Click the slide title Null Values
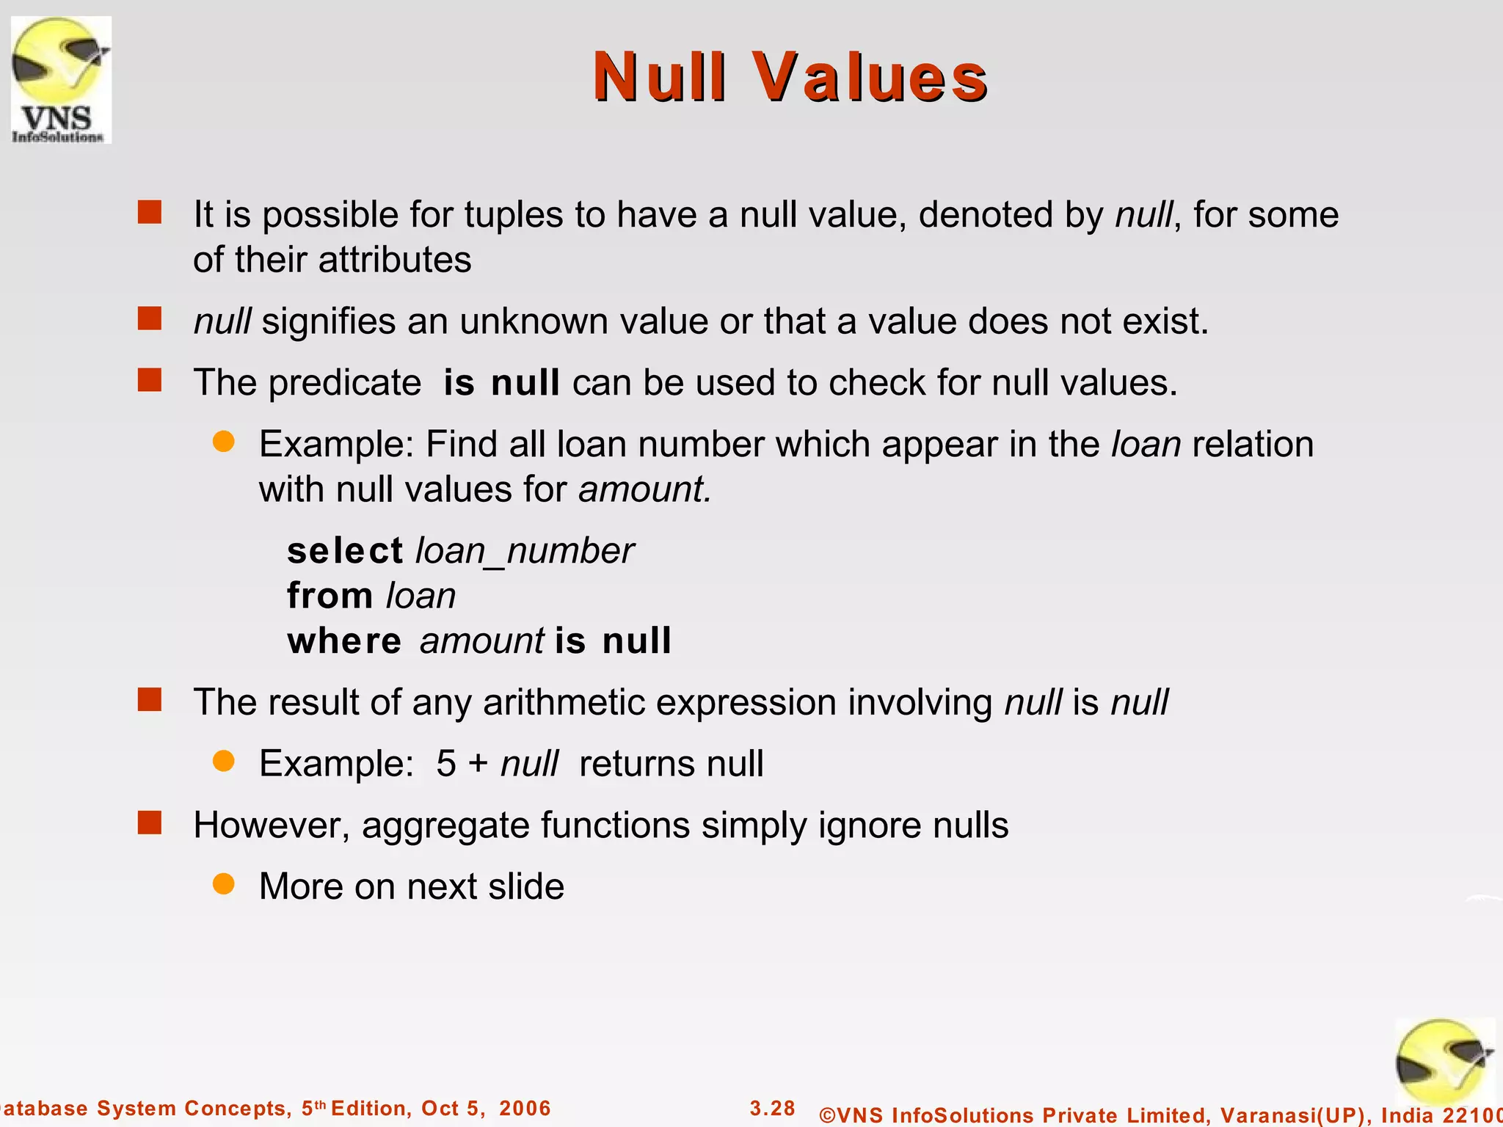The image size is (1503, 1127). [790, 77]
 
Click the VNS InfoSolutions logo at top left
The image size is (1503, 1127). [61, 79]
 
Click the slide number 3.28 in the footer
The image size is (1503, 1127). [772, 1108]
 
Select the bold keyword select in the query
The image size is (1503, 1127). [344, 551]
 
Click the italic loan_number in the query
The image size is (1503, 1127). [524, 551]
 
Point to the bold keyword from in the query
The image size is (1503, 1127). [330, 596]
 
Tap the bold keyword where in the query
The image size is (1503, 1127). [343, 641]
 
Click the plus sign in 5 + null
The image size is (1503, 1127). [478, 764]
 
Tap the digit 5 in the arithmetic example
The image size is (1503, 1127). [445, 764]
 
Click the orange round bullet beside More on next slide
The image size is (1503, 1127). [223, 884]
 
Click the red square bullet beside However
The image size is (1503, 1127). [150, 823]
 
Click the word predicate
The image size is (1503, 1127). [344, 383]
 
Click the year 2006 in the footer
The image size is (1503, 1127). [524, 1108]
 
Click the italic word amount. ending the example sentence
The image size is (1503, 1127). [644, 489]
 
